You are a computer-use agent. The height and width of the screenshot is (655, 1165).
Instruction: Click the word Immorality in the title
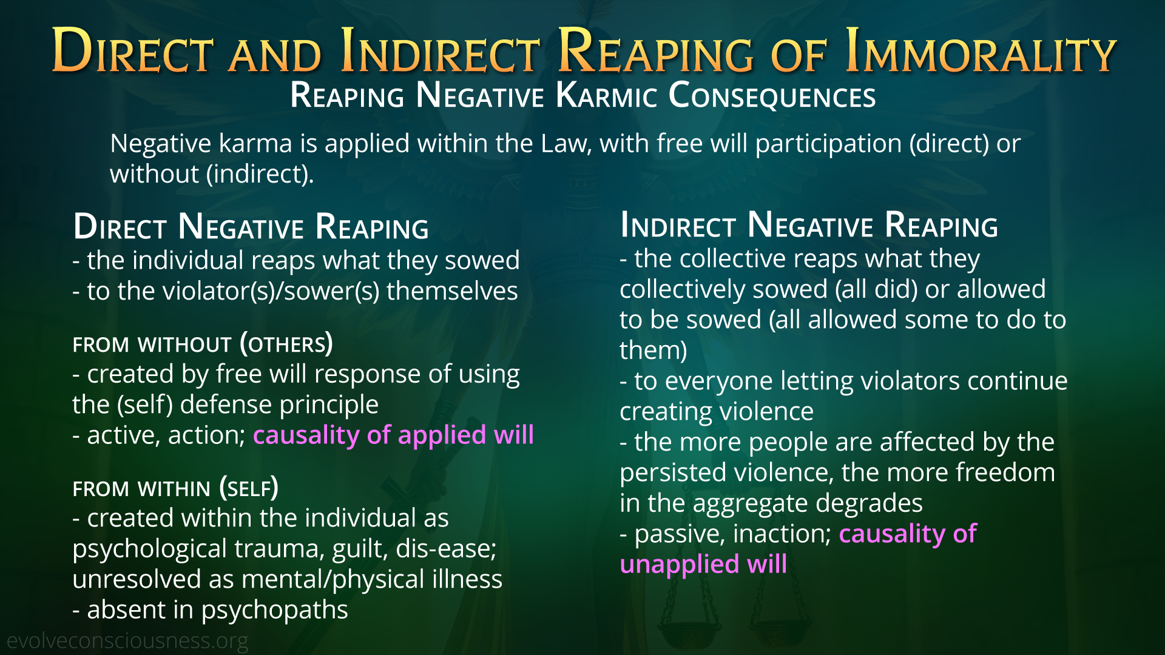[x=981, y=51]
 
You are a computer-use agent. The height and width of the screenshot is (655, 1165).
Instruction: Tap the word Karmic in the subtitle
[x=606, y=96]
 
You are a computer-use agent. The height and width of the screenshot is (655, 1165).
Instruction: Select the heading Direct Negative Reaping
[x=251, y=227]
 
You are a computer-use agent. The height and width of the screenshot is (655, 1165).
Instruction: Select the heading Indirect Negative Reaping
[x=809, y=225]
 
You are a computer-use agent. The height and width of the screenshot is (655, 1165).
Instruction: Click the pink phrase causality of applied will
[x=393, y=435]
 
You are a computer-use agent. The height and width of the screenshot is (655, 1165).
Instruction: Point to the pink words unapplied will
[x=703, y=564]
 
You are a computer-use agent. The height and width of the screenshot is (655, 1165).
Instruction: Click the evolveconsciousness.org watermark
[x=127, y=641]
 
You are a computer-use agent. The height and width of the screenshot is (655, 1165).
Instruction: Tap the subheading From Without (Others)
[x=203, y=344]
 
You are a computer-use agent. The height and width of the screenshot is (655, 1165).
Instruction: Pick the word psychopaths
[x=274, y=610]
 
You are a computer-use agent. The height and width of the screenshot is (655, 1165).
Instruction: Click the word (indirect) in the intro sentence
[x=260, y=175]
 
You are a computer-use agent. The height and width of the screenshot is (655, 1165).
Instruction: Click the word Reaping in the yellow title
[x=656, y=51]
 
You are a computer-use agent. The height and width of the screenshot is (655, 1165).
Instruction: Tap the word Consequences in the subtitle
[x=772, y=96]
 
